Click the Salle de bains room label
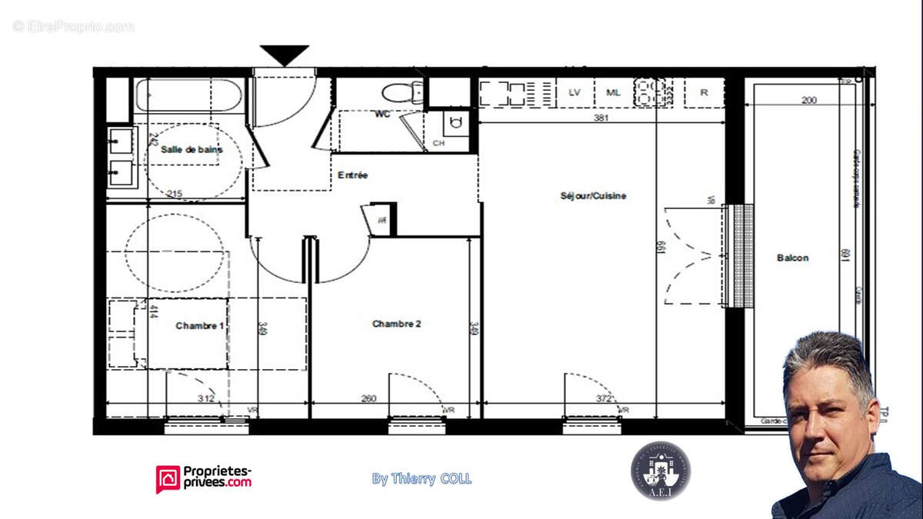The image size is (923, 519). (192, 150)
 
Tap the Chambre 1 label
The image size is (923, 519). (200, 326)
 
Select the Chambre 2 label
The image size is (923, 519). (396, 324)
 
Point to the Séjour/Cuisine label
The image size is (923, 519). (593, 196)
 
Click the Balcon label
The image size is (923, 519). (792, 258)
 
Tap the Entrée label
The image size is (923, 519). (353, 175)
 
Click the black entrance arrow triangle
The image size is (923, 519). (284, 55)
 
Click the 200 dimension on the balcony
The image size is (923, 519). (808, 100)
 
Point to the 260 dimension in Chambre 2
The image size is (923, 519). (368, 398)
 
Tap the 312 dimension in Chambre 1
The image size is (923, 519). (205, 398)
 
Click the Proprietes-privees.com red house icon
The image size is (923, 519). (168, 478)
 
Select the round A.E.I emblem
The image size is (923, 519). (660, 471)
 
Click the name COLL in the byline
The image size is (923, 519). (455, 479)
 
